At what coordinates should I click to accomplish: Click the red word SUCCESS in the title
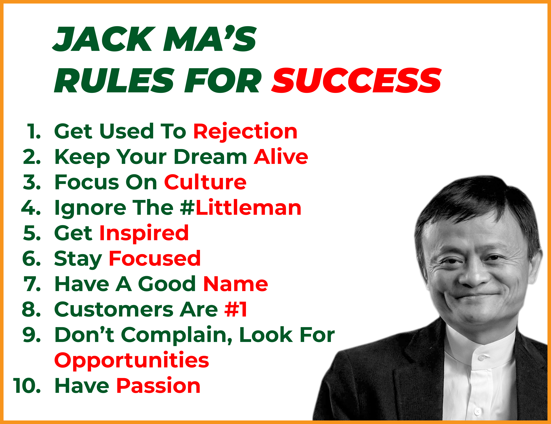pos(356,80)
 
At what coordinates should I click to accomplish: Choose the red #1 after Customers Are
pos(236,309)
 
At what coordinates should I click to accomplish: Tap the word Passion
pos(158,386)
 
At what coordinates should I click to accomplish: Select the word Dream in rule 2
pos(210,156)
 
